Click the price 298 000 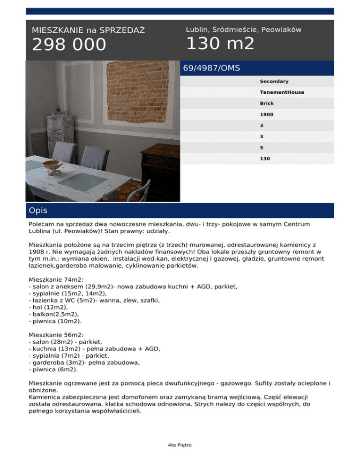tap(69, 45)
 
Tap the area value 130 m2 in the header tap(220, 44)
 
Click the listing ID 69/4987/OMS tap(211, 68)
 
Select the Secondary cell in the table tap(274, 82)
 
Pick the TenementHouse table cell tap(282, 92)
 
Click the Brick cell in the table tap(267, 103)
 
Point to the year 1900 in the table tap(267, 114)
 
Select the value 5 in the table tap(262, 148)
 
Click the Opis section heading tap(38, 211)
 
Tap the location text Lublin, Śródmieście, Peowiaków tap(243, 30)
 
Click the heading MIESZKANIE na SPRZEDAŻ tap(88, 30)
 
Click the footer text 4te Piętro tap(180, 445)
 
